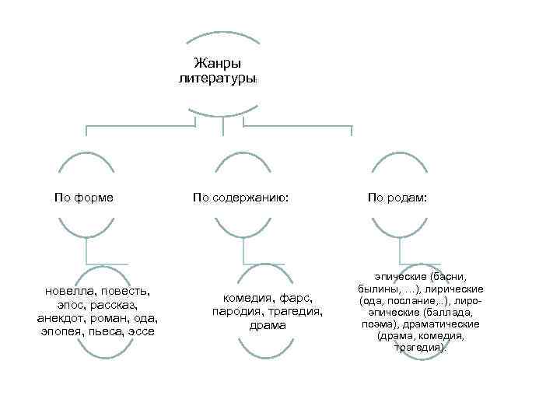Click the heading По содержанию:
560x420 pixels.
click(241, 198)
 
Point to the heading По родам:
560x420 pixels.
click(397, 198)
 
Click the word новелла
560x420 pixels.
click(71, 291)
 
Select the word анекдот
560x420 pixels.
click(62, 318)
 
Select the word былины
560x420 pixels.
click(378, 288)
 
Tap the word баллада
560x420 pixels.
click(443, 311)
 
